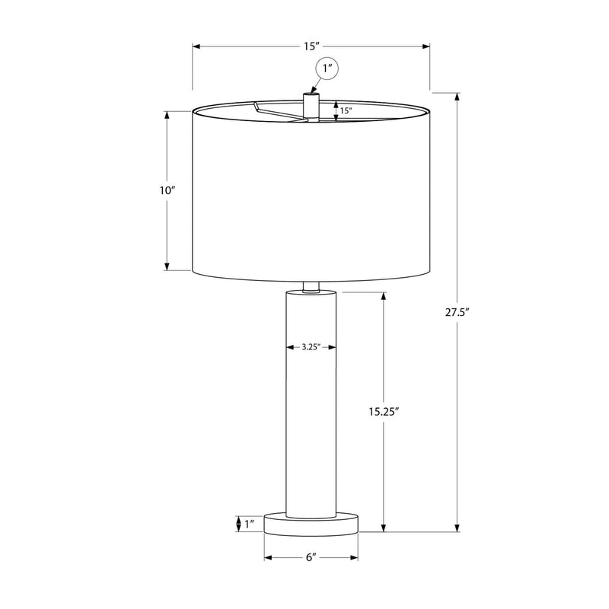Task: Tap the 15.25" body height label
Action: click(382, 411)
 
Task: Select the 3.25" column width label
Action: click(310, 347)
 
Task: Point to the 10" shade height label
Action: click(167, 190)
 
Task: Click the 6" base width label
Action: click(311, 558)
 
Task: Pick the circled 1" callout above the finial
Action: click(328, 70)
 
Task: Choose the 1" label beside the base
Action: click(249, 524)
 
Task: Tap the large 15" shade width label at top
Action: click(311, 47)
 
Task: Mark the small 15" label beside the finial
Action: click(346, 111)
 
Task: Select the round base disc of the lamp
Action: click(311, 523)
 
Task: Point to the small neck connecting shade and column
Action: click(311, 286)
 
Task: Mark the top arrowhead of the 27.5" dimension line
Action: click(457, 97)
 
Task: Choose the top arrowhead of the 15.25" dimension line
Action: click(382, 296)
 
